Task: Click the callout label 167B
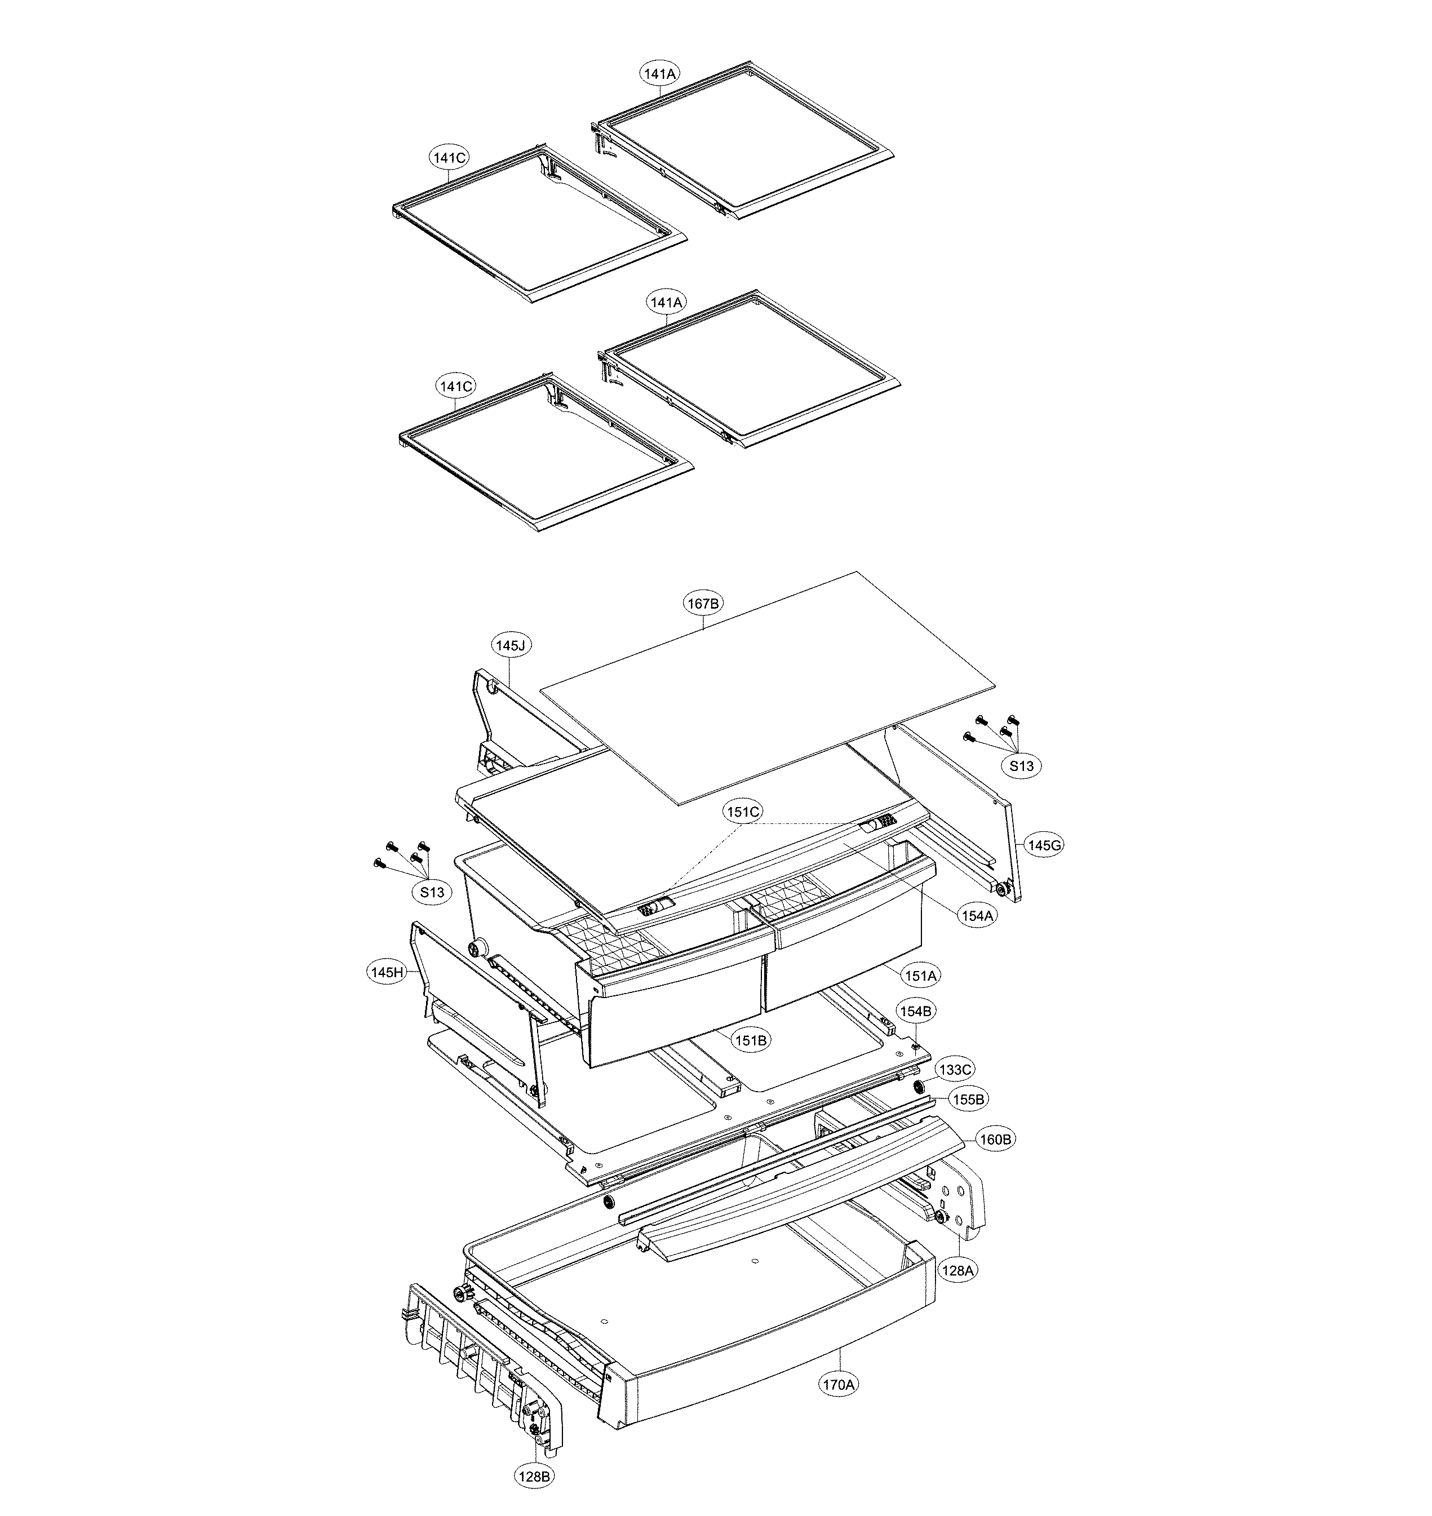click(703, 604)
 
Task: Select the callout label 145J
click(511, 646)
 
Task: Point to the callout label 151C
click(743, 812)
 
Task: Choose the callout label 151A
click(921, 976)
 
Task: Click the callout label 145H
click(386, 973)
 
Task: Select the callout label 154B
click(915, 1012)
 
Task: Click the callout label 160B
click(996, 1139)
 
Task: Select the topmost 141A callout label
click(659, 74)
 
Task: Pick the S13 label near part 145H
click(431, 892)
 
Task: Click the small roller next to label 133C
click(918, 1087)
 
